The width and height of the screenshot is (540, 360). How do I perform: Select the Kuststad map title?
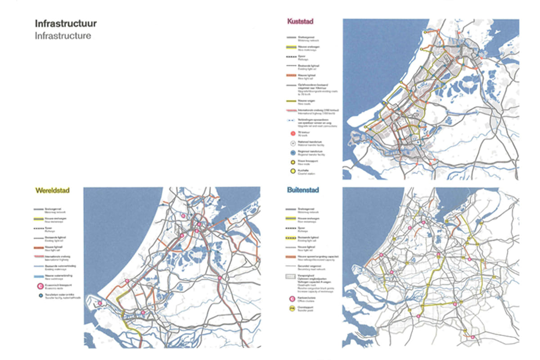pyautogui.click(x=300, y=21)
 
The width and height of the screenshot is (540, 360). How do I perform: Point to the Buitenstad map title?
pyautogui.click(x=303, y=190)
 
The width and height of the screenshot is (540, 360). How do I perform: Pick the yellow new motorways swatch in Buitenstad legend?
pyautogui.click(x=292, y=218)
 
